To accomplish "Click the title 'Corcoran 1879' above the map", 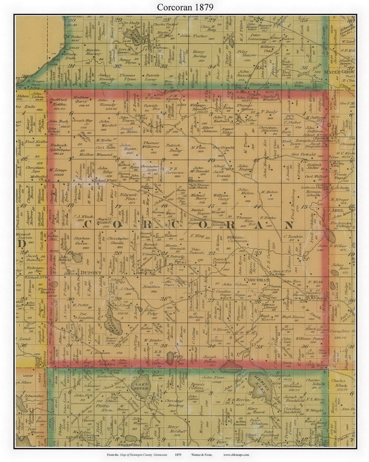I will pos(185,7).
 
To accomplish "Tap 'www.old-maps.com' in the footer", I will pos(236,455).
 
